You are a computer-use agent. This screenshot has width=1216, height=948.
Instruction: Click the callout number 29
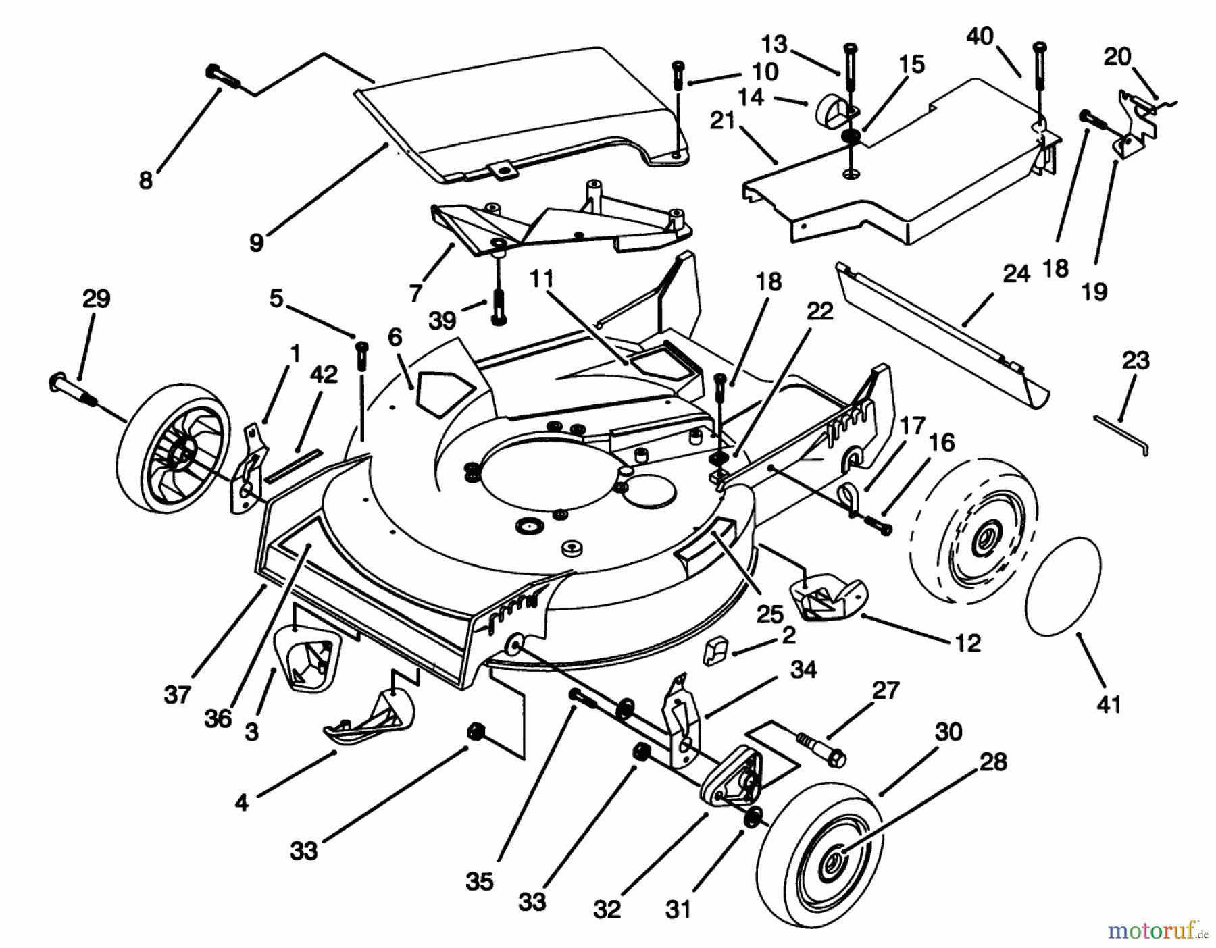tap(96, 299)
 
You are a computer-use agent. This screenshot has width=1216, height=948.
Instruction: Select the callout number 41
tap(1109, 704)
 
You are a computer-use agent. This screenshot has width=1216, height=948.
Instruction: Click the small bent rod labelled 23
tap(1122, 433)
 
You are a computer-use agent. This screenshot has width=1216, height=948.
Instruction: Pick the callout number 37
tap(178, 693)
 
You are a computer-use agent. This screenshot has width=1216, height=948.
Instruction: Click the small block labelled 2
tap(714, 652)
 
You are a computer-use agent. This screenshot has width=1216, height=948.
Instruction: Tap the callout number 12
tap(967, 643)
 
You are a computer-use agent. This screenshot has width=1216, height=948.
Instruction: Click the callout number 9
tap(256, 242)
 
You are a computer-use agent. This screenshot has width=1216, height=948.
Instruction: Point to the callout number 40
tap(980, 36)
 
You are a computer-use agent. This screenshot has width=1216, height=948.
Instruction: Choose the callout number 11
tap(541, 278)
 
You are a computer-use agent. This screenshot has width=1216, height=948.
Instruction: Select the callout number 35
tap(479, 881)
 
